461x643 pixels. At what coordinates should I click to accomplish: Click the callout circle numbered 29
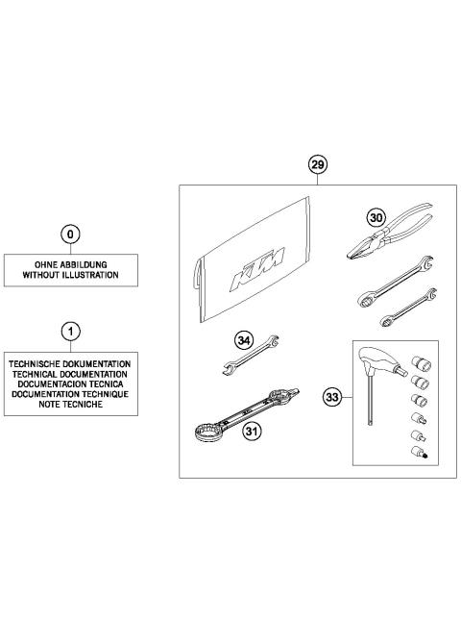[318, 165]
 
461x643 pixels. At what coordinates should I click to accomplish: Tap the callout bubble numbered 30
[376, 218]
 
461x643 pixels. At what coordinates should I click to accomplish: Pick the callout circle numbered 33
[333, 394]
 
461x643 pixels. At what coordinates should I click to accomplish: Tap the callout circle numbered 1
[70, 332]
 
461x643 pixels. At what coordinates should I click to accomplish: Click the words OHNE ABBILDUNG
[70, 263]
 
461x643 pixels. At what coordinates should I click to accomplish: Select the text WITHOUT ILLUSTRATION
[70, 275]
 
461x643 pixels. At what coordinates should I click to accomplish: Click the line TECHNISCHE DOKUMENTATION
[70, 364]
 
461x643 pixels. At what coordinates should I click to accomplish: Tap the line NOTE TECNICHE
[70, 405]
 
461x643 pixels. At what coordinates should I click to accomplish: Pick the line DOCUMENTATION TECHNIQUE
[70, 395]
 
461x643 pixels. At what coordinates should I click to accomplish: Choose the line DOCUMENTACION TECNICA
[70, 384]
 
